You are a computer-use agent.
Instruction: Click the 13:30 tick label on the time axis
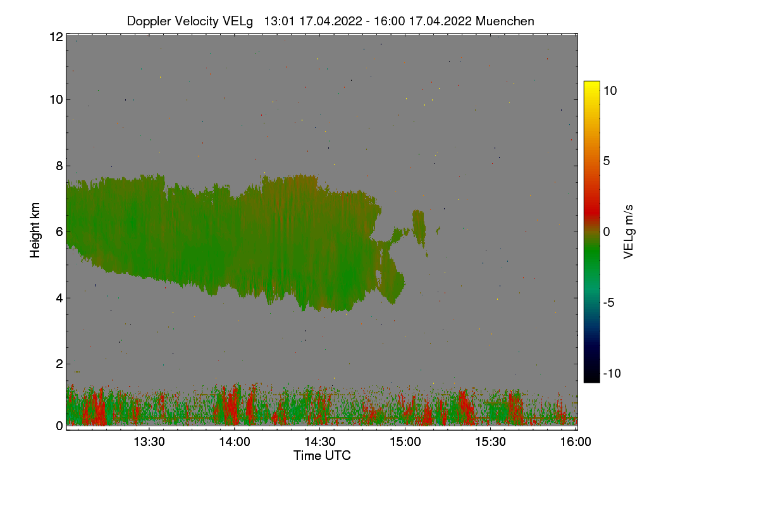coord(149,441)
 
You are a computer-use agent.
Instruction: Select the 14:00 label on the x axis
coord(234,441)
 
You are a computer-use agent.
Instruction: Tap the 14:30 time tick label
coord(320,441)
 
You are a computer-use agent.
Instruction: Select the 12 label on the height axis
coord(55,37)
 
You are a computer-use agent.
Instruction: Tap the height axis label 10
coord(55,99)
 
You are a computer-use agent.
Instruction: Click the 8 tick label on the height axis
coord(59,166)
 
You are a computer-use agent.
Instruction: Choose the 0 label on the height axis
coord(59,426)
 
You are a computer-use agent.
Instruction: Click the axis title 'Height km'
coord(35,230)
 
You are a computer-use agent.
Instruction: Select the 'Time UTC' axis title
coord(322,455)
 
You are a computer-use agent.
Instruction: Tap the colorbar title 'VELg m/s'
coord(628,231)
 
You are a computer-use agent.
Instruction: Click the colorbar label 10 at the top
coord(610,90)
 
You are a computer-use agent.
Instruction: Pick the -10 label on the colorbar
coord(612,373)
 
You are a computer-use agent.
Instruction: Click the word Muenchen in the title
coord(505,21)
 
